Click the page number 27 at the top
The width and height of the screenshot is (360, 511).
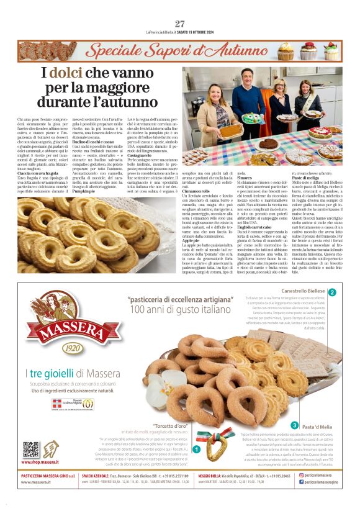click(180, 24)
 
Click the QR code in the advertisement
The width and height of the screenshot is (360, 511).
click(30, 450)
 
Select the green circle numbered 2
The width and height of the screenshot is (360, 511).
click(332, 292)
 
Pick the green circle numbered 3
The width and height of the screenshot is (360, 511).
click(295, 425)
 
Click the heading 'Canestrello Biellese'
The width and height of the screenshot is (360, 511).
click(304, 292)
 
